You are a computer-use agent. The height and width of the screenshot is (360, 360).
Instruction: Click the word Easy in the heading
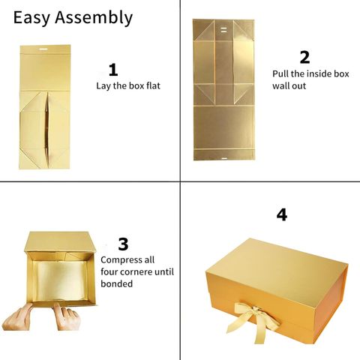point(31,18)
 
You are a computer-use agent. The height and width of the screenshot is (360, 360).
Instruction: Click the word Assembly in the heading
point(94,18)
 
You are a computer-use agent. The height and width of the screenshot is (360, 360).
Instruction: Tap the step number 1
point(113,70)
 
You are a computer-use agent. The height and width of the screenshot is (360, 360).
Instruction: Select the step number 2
point(304,57)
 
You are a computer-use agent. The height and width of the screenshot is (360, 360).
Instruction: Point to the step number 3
point(123,244)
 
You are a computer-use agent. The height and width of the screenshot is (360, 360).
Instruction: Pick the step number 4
point(282,214)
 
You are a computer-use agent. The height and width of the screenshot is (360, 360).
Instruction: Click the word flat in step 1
point(153,85)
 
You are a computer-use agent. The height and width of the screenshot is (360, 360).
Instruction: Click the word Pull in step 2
point(280,73)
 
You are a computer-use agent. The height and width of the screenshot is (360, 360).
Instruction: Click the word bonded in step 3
point(116,283)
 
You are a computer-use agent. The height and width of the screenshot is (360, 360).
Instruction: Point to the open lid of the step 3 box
point(60,241)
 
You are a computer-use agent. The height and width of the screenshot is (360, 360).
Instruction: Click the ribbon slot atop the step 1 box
point(45,49)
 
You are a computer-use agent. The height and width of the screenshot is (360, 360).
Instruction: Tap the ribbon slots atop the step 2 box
point(223,30)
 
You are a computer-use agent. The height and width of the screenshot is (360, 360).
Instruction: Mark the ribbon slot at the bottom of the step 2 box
point(224,158)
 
